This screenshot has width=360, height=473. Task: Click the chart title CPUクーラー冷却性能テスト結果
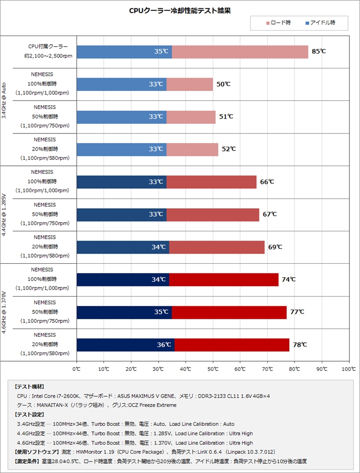[x=180, y=11]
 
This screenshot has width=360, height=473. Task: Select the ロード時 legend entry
[x=278, y=23]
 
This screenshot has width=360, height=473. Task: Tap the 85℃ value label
[x=319, y=51]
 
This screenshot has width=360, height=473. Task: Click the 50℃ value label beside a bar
[x=223, y=84]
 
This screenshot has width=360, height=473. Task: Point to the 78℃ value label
[x=300, y=345]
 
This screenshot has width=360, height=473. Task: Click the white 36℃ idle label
[x=164, y=345]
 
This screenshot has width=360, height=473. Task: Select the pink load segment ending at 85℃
[x=240, y=52]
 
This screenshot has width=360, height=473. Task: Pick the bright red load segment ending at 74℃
[x=224, y=279]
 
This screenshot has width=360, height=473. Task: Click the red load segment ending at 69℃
[x=217, y=247]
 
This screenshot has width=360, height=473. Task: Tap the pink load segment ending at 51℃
[x=191, y=117]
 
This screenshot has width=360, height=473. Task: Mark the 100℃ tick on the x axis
[x=348, y=369]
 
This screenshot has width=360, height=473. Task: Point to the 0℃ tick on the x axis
[x=77, y=369]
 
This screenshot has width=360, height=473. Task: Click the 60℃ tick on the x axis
[x=240, y=369]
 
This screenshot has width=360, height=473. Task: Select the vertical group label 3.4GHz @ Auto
[x=5, y=101]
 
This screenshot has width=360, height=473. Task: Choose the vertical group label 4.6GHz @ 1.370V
[x=5, y=312]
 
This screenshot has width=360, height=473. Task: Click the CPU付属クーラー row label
[x=48, y=47]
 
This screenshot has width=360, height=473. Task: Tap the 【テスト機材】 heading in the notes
[x=30, y=387]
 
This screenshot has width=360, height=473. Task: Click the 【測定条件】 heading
[x=27, y=461]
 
